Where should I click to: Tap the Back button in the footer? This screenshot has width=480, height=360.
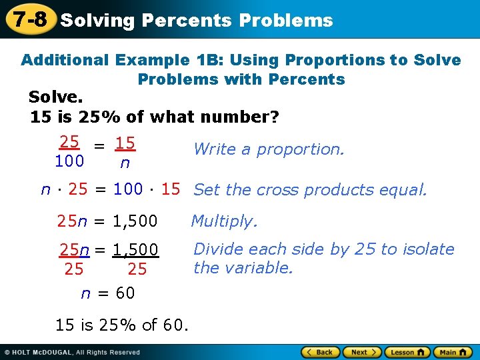tap(319, 352)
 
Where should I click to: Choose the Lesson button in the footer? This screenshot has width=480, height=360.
tap(406, 352)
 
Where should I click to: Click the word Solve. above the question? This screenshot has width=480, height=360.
tap(55, 97)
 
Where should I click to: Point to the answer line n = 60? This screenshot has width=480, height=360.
tap(107, 293)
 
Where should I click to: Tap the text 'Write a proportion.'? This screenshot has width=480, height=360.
tap(269, 149)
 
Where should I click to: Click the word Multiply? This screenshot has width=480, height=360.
tap(224, 221)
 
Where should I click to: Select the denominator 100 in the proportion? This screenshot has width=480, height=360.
tap(69, 161)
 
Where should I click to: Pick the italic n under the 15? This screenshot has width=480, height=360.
tap(125, 162)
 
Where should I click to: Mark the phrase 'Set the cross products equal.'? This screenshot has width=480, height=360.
tap(310, 190)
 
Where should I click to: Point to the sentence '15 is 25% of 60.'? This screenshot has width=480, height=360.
tap(122, 325)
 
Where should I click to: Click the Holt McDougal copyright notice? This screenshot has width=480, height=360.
tap(73, 352)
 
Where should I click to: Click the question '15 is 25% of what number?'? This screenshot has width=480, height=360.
tap(155, 117)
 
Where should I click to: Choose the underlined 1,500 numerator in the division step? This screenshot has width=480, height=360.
tap(135, 250)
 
